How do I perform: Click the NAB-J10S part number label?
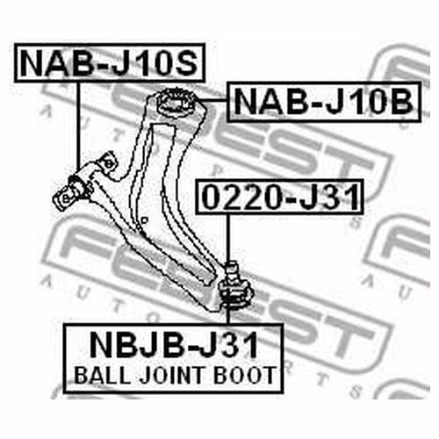pos(110,62)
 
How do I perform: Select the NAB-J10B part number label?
pos(324,101)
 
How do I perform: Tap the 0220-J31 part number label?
pos(280,197)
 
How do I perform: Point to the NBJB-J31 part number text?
pos(174,345)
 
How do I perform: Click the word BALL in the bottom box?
pos(102,375)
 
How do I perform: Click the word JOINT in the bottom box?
pos(171,375)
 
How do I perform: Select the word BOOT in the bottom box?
pos(245,375)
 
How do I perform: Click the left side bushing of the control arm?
pos(72,192)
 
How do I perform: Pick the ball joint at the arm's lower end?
pos(236,287)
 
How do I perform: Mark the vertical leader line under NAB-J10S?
pos(78,126)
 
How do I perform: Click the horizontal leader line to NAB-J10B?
pos(213,101)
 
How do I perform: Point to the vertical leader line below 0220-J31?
pos(228,238)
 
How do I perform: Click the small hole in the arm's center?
pos(144,220)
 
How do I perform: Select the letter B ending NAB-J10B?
pos(402,101)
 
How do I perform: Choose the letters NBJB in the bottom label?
pos(134,345)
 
